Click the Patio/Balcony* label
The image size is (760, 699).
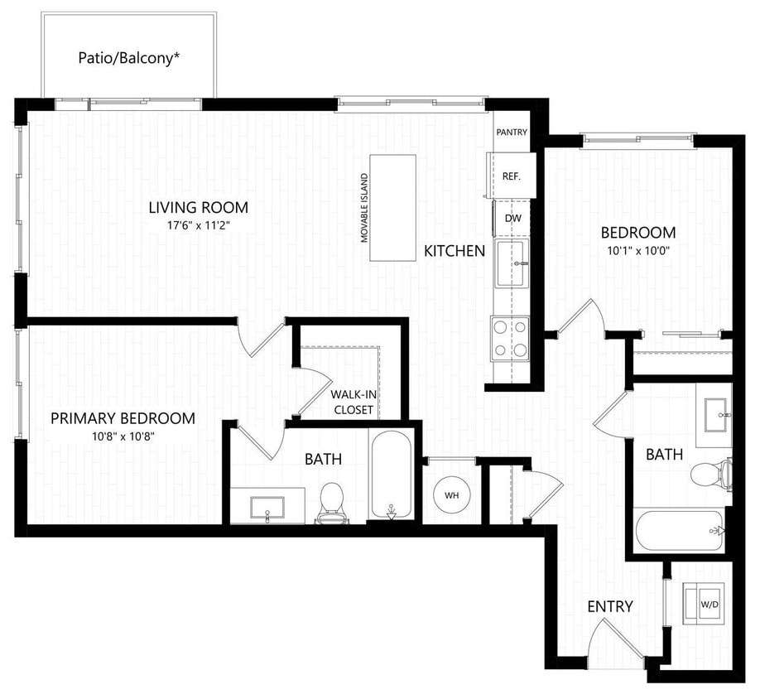[128, 58]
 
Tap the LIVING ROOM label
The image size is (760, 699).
[199, 208]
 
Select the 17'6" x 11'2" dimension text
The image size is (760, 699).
[199, 224]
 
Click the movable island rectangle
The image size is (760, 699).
[393, 208]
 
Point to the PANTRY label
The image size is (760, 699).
[511, 133]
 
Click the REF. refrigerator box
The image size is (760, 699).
[512, 176]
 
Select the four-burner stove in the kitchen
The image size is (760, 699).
[510, 339]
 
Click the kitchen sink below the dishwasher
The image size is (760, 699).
[511, 263]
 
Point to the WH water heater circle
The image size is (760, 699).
[452, 494]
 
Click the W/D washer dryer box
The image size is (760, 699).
[709, 603]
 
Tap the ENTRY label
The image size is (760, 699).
[610, 606]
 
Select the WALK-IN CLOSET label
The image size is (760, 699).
[354, 403]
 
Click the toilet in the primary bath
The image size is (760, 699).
[331, 504]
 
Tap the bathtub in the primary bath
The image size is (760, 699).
[391, 475]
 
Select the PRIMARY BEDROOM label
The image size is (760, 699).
[123, 418]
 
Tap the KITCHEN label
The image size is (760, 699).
[455, 251]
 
